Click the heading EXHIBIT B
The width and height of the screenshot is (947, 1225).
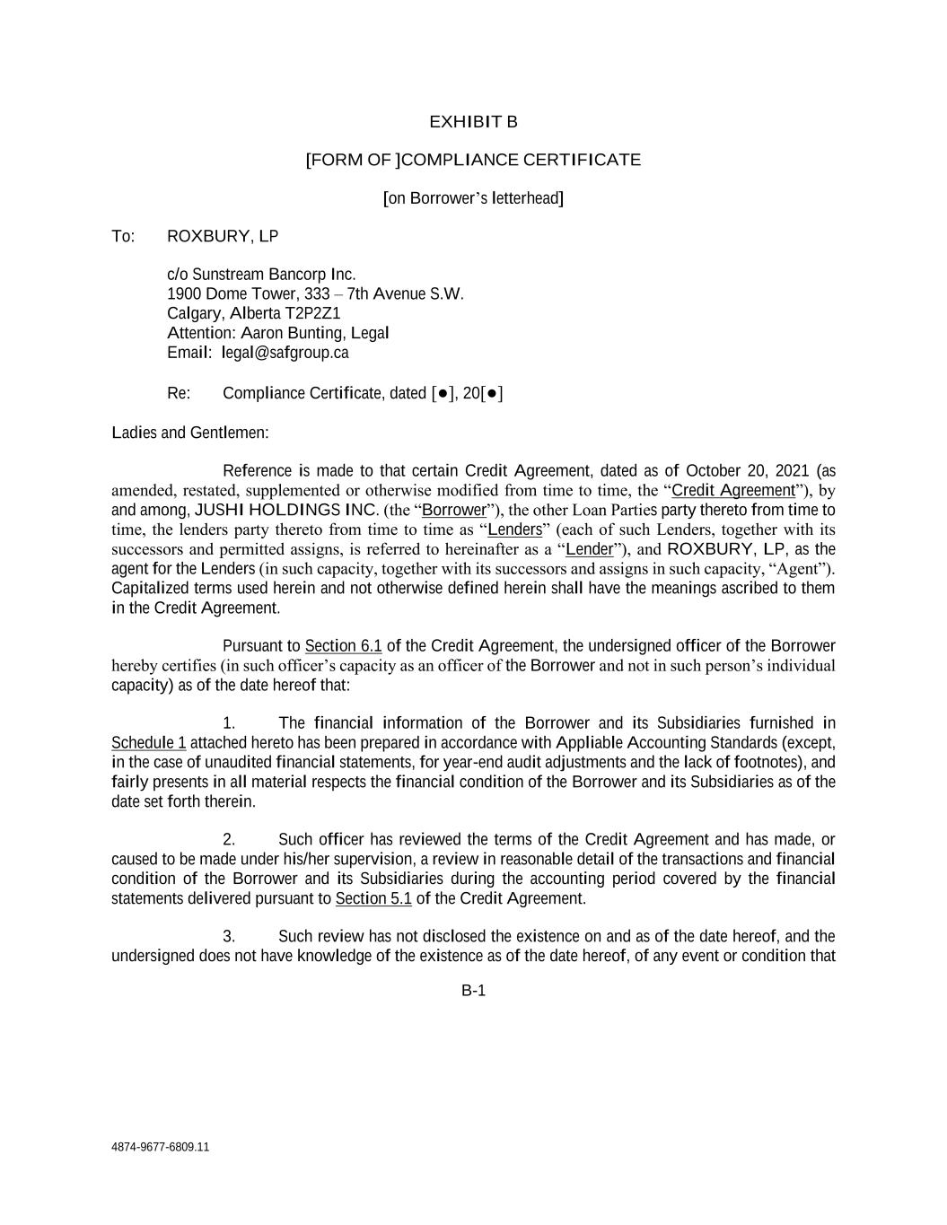[x=473, y=122]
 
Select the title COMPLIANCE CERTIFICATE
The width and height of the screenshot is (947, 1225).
[x=522, y=161]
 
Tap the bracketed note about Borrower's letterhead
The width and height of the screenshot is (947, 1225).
[x=473, y=198]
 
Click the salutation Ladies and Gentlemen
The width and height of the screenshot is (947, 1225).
[x=190, y=433]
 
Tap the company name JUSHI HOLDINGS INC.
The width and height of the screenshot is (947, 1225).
[x=286, y=510]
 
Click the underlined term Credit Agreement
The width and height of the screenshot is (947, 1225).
[x=733, y=490]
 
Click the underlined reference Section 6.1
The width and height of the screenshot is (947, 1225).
[x=344, y=646]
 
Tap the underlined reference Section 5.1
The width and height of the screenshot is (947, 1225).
[x=373, y=898]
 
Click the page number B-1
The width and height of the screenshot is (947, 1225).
[x=473, y=991]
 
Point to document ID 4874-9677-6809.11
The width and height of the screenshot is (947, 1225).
[x=161, y=1147]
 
